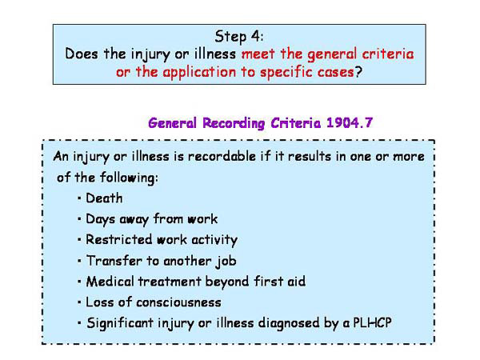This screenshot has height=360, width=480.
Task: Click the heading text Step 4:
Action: tap(240, 36)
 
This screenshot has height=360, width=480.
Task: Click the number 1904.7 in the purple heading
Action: tap(350, 123)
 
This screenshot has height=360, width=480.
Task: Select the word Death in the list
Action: tap(104, 198)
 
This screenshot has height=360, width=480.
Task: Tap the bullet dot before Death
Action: tap(80, 198)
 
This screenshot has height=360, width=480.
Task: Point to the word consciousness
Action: tap(177, 302)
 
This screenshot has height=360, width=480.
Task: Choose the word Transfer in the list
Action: tap(111, 260)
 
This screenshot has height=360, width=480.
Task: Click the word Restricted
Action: tap(116, 239)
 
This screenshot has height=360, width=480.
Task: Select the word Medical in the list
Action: tap(109, 281)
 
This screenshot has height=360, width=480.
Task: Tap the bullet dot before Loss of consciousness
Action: tap(80, 303)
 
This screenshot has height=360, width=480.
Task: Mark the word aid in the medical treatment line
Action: tap(295, 281)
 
